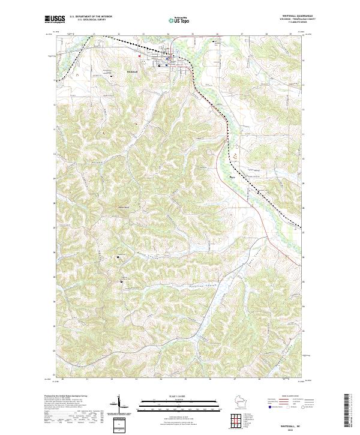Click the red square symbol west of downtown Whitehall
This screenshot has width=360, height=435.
coord(140,57)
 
